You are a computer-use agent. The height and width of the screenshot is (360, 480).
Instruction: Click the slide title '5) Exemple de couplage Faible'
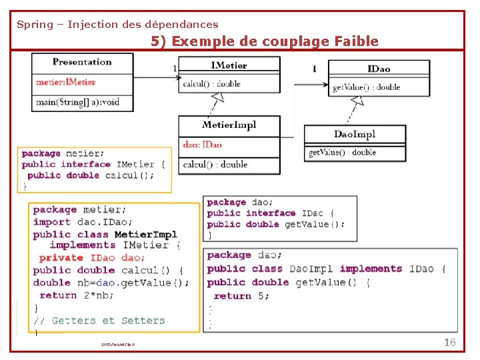click(265, 41)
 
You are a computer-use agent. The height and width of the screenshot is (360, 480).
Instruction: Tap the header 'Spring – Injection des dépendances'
click(117, 25)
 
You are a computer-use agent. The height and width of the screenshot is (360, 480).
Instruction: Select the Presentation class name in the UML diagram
click(82, 62)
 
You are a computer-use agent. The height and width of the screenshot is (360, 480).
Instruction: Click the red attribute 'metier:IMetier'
click(65, 82)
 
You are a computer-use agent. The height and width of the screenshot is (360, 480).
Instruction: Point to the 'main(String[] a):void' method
click(77, 101)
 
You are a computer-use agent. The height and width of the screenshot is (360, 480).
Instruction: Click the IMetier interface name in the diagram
click(229, 65)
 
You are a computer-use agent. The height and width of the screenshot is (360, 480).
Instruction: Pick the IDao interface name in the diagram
click(379, 69)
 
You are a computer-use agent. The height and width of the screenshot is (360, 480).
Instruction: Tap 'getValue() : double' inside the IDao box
click(366, 87)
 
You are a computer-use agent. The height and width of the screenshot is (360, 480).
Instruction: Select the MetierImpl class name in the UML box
click(229, 125)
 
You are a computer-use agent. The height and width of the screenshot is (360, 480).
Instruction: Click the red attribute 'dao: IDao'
click(202, 144)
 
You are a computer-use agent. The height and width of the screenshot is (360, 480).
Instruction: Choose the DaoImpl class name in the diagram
click(354, 134)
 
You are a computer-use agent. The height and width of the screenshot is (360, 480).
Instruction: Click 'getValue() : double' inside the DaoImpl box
click(342, 152)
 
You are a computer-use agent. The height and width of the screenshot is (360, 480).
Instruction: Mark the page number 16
click(449, 342)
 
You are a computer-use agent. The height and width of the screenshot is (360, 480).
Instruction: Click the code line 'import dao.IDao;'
click(83, 222)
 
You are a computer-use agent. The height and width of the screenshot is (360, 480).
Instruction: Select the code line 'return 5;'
click(241, 295)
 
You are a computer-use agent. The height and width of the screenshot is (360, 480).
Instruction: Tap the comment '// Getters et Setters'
click(99, 321)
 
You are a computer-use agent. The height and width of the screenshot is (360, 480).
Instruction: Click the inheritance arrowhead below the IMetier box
click(217, 97)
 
